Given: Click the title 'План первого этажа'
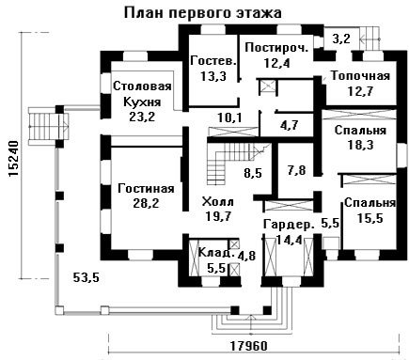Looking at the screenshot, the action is [203, 13].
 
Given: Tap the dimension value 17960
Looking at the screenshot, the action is [249, 346].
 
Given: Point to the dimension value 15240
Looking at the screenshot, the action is [14, 159].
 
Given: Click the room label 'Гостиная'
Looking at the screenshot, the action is [146, 189].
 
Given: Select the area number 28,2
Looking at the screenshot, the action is [146, 203].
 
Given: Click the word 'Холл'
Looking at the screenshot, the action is [218, 201].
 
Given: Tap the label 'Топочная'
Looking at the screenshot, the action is [361, 76].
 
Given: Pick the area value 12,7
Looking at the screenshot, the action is [360, 91].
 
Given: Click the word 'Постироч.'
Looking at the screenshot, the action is [277, 48].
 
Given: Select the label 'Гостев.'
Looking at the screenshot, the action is [213, 61].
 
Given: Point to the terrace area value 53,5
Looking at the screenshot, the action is [86, 277].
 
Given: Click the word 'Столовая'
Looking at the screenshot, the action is [142, 86].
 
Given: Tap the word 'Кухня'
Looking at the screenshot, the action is [142, 102].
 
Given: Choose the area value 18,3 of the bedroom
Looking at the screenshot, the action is [360, 145].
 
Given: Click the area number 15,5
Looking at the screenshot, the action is [370, 218].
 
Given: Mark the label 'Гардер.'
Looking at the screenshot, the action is [289, 225].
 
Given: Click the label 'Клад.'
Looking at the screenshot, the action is [217, 252].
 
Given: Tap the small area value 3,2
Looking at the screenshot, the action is [341, 39].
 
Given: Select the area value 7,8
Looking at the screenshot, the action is [296, 171].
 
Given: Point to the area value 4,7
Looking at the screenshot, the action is [289, 125].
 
